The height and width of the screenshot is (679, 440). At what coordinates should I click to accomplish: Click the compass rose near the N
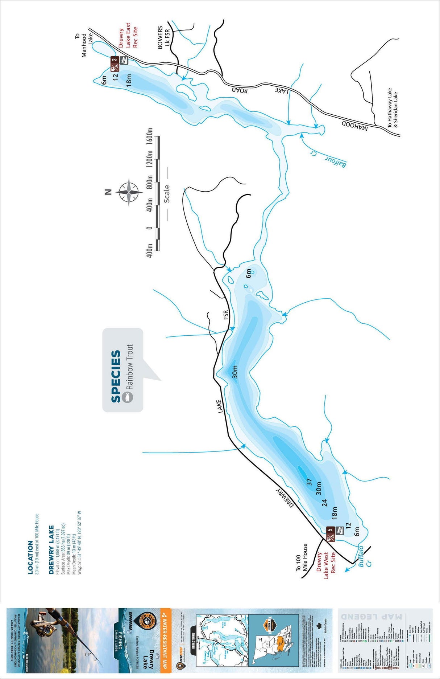pos(129,192)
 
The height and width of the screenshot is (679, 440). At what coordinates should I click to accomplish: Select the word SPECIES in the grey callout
pos(116,376)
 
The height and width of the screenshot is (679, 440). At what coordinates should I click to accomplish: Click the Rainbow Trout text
pos(130,367)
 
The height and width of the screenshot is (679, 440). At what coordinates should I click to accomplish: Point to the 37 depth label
pos(309,482)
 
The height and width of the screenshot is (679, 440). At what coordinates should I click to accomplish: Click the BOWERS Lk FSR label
pos(163,38)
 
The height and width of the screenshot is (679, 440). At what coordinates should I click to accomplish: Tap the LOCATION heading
pos(30,557)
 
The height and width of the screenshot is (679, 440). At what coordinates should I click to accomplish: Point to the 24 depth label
pos(324,502)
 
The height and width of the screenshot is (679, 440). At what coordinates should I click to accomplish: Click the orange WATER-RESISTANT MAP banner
pos(165,639)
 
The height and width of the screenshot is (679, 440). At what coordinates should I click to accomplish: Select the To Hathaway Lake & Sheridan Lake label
pos(393,107)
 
